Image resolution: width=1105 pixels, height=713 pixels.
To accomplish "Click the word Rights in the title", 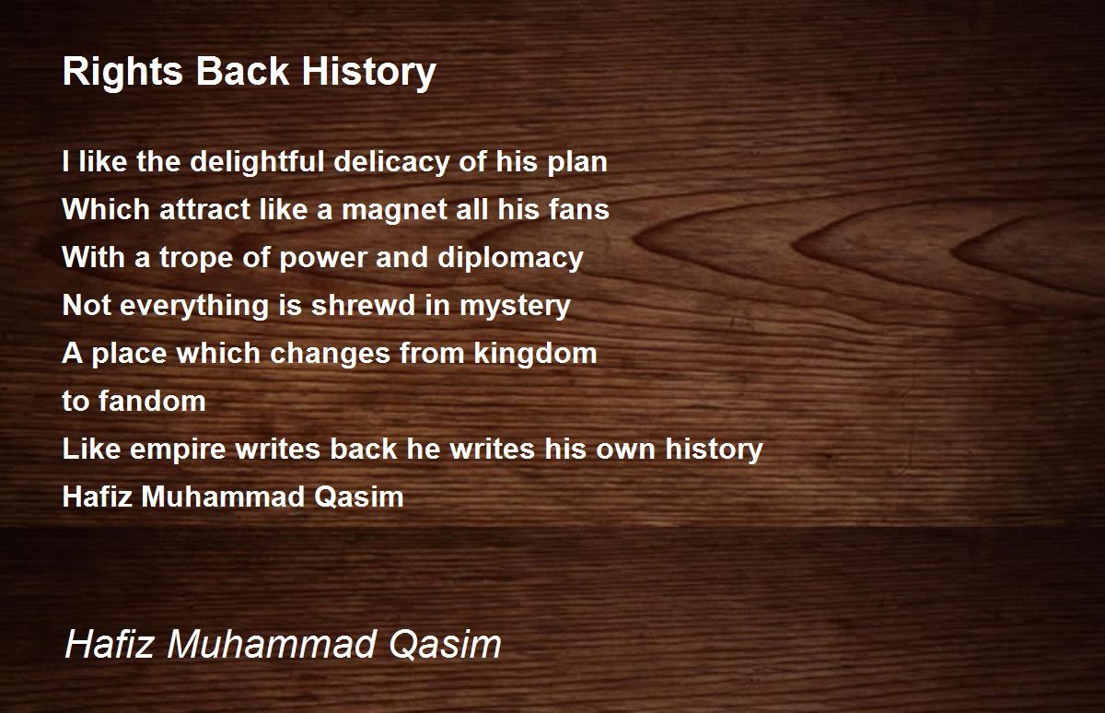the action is [122, 73].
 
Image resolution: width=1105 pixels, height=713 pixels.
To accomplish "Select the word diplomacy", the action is [510, 259].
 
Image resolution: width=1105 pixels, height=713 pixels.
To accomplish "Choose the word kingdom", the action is [535, 355].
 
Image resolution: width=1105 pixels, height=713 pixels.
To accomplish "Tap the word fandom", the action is [152, 401].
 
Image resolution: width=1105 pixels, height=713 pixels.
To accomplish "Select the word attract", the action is [204, 210].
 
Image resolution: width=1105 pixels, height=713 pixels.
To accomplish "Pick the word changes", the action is [330, 355].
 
